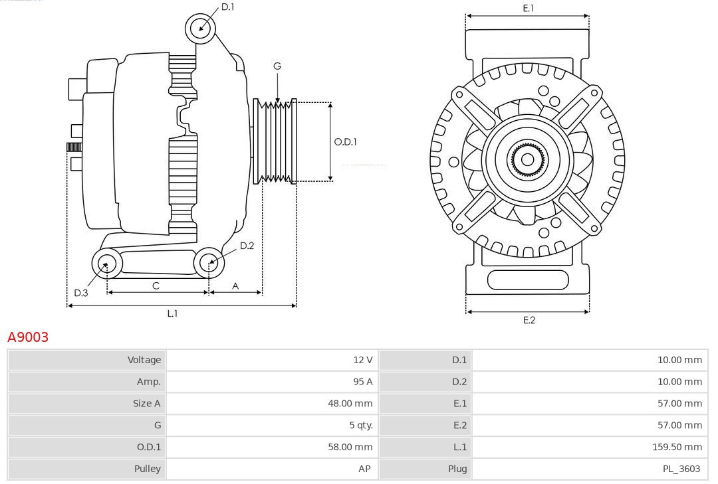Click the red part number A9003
pos(28,337)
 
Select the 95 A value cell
pos(363,382)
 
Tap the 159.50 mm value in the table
pos(677,447)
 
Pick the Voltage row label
pos(144,360)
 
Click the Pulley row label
pos(148,469)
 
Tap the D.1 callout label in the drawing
pos(227,7)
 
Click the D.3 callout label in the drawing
pos(80,293)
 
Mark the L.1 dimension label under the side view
pos(172,313)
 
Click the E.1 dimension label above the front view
pos(528,8)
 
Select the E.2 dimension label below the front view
pos(529,320)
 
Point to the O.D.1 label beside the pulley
pos(345,141)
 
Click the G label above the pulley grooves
pos(277,66)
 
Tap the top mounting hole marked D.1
pos(201,28)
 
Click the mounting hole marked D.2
pos(208,263)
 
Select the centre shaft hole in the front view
pos(527,159)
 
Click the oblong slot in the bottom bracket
pos(528,280)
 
